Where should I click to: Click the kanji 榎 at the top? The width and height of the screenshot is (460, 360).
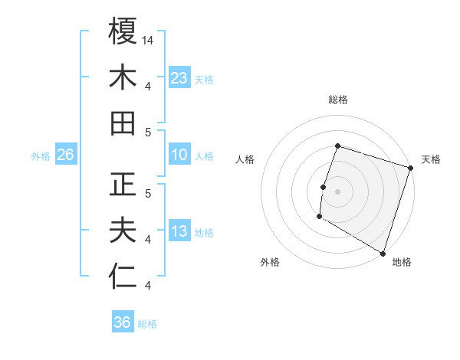[x=123, y=31]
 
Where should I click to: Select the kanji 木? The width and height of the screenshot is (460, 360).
[x=123, y=77]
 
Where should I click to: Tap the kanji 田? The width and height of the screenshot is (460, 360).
[x=123, y=123]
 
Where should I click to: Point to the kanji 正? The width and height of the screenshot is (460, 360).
[x=123, y=185]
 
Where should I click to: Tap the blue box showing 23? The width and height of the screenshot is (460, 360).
[x=179, y=77]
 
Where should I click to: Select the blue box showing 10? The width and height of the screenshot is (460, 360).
[x=179, y=155]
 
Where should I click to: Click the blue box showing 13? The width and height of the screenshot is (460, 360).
[x=179, y=232]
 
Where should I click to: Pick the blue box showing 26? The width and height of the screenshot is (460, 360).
[x=66, y=155]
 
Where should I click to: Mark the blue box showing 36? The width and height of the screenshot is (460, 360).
[x=123, y=322]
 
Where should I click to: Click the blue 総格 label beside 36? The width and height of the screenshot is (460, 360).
[x=147, y=324]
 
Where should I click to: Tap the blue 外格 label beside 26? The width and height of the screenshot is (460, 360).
[x=41, y=156]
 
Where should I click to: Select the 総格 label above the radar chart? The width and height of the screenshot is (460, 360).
[x=337, y=100]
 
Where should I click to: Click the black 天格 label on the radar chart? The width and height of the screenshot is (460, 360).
[x=431, y=159]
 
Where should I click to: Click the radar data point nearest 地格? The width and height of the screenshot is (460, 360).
[x=383, y=253]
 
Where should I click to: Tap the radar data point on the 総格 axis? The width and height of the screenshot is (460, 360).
[x=337, y=146]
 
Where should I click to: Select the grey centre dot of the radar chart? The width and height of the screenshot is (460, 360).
[x=337, y=191]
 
